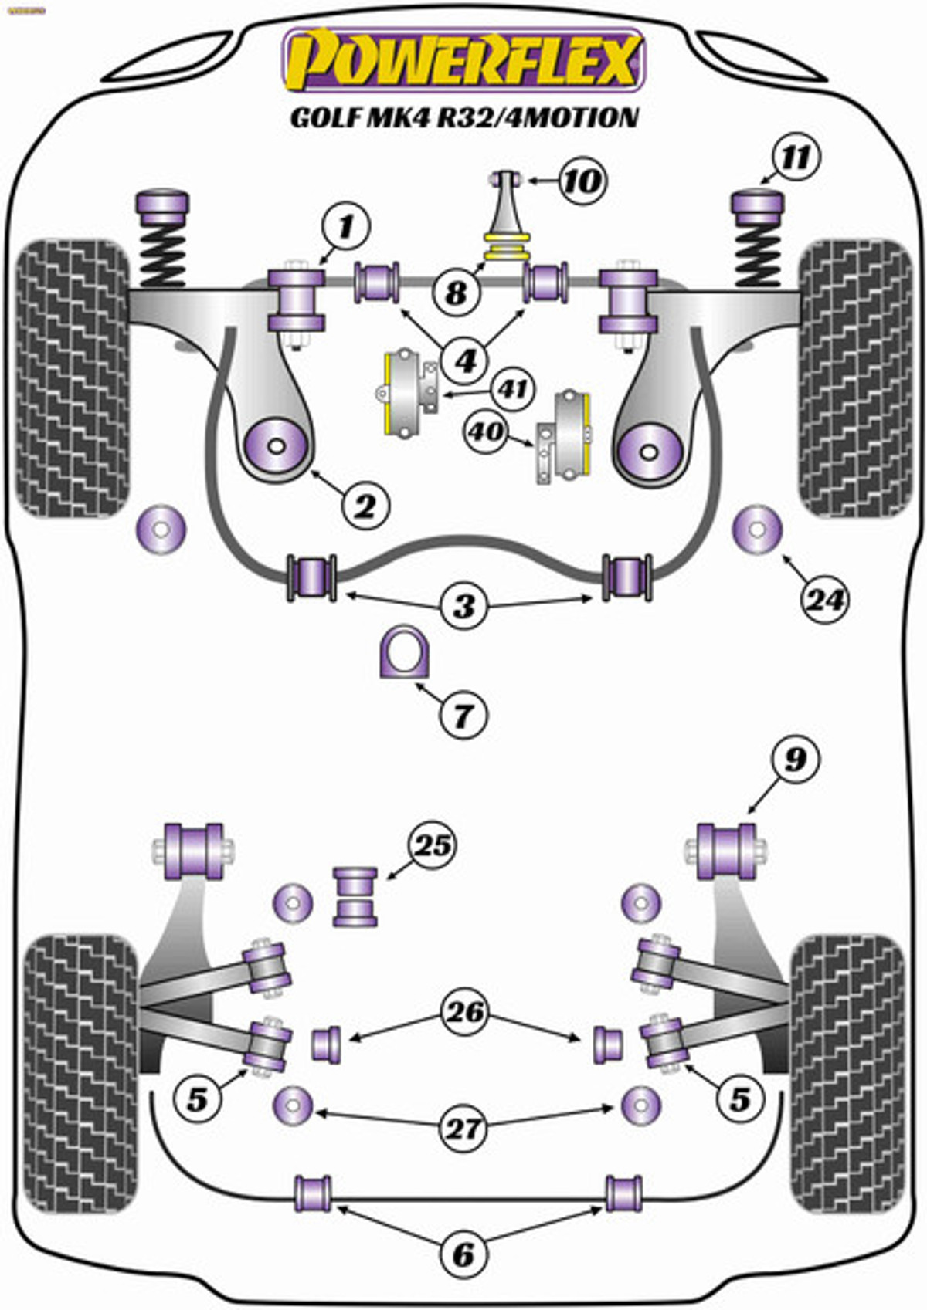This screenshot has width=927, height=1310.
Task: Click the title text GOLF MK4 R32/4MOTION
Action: coord(464,117)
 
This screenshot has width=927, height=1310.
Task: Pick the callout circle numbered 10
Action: coord(582,181)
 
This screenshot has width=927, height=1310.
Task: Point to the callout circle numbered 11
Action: coord(796,157)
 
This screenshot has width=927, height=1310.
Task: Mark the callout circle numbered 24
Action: coord(825,600)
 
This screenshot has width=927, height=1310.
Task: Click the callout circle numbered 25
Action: coord(433,846)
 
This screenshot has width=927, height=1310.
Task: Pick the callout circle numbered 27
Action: coord(463,1129)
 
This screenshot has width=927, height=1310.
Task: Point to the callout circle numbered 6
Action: coord(463,1255)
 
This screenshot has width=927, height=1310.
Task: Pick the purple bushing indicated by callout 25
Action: coord(355,896)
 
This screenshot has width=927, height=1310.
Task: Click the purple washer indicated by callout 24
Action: coord(757,529)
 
